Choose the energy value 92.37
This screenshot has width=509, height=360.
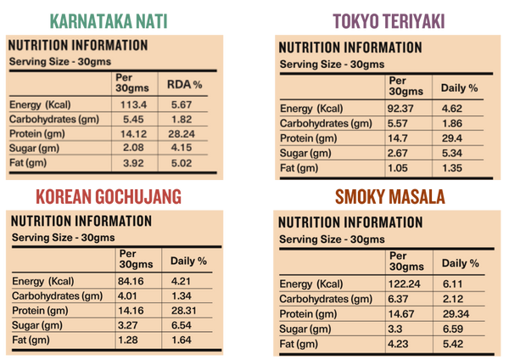click(405, 109)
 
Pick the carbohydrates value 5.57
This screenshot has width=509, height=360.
click(400, 124)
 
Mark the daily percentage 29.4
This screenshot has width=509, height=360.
click(450, 138)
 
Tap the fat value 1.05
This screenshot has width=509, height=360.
click(400, 168)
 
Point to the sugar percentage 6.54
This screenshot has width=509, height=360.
click(182, 325)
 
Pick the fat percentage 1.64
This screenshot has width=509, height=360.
click(182, 340)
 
